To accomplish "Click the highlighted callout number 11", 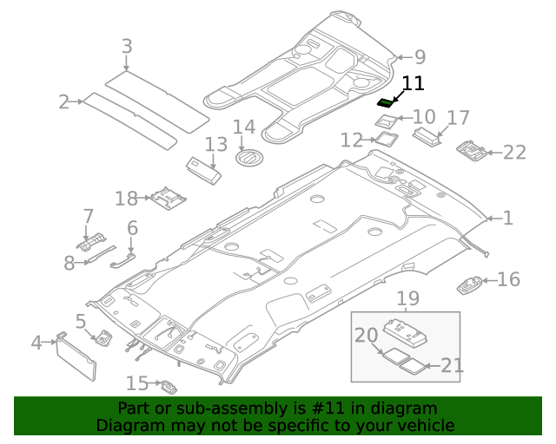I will [413, 83].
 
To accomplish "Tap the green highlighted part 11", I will [385, 102].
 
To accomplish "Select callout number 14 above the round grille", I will [244, 127].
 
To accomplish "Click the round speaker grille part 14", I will [250, 160].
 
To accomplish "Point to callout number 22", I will [514, 153].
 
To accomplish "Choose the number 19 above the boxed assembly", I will [407, 299].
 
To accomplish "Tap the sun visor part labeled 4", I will [76, 356].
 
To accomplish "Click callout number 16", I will [508, 279].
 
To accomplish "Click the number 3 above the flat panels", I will [127, 47].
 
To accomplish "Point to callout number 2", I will [63, 102].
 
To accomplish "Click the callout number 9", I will [420, 57].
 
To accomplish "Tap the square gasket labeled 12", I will [384, 138].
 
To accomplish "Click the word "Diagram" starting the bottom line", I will [127, 425].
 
